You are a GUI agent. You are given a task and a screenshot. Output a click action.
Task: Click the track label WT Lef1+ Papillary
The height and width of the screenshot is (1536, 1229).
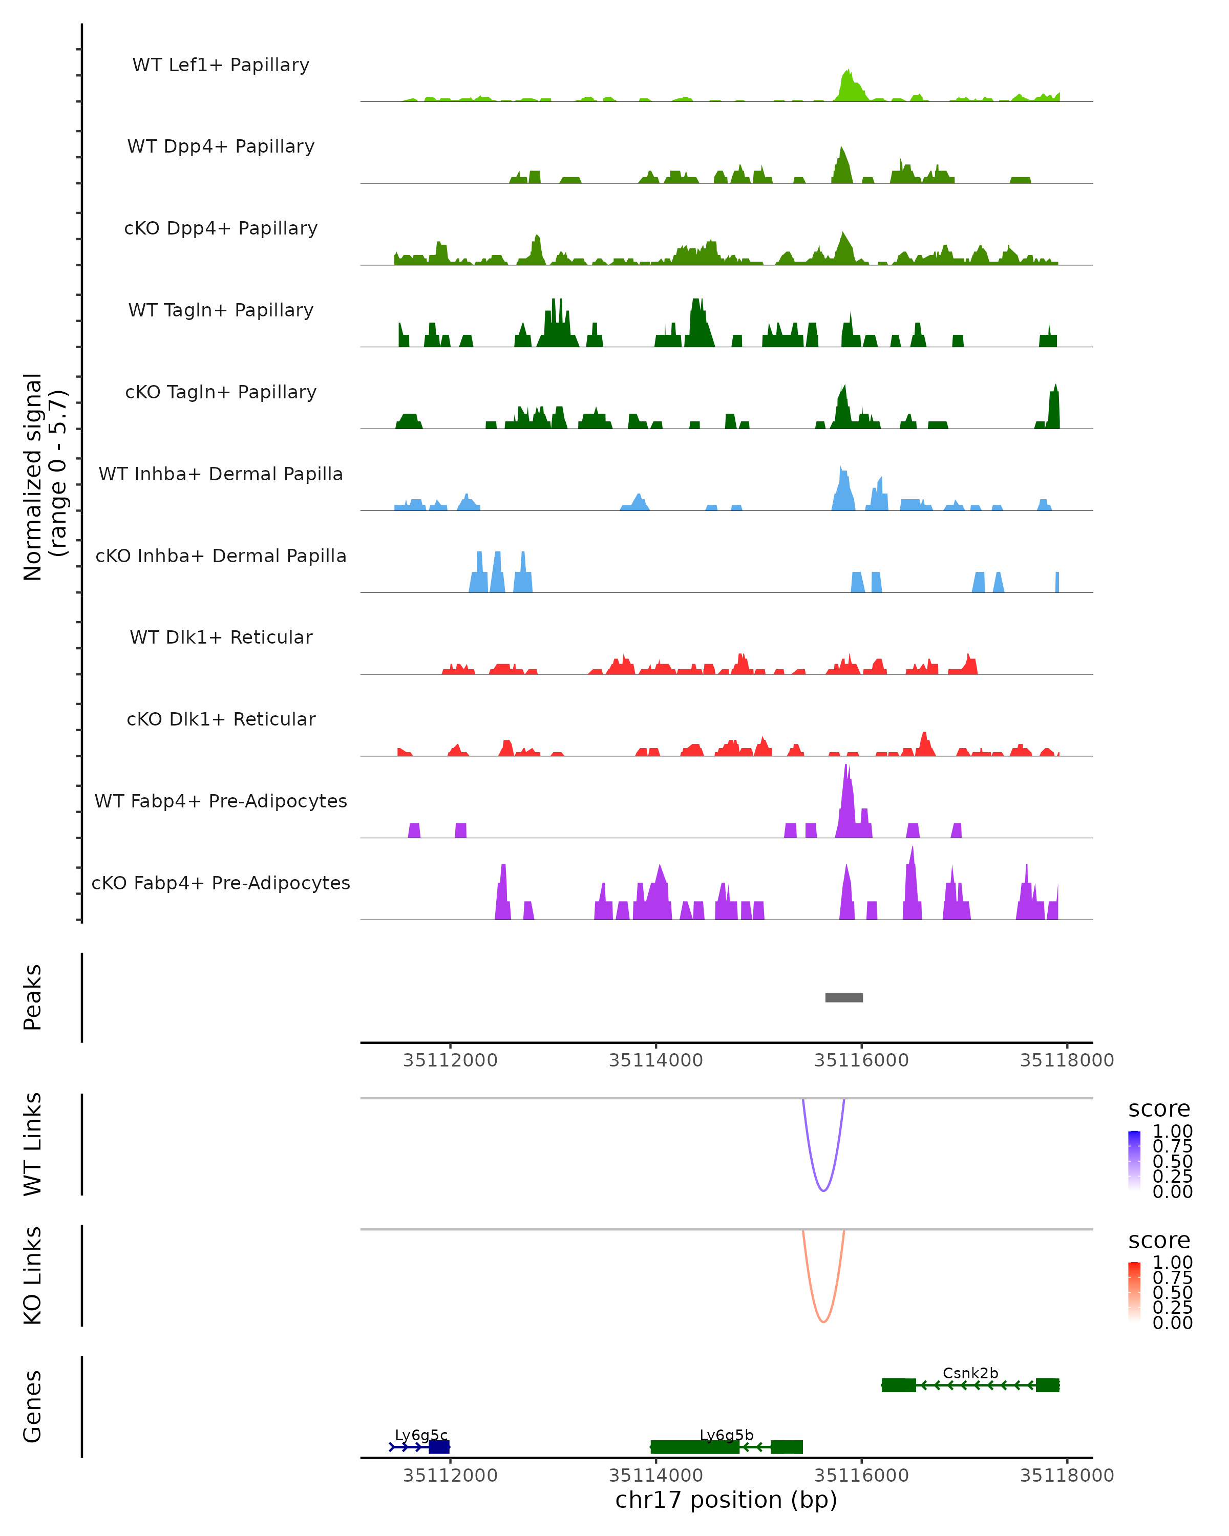click(221, 65)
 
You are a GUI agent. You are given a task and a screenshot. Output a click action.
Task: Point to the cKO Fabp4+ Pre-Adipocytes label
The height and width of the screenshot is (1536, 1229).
click(221, 883)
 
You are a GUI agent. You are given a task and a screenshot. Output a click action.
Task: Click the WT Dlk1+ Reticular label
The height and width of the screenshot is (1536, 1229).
click(221, 637)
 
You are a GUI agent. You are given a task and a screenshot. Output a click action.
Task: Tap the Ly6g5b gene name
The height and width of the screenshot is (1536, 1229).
click(726, 1435)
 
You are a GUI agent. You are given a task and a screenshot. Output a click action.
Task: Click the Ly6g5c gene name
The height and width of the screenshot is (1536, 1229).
click(421, 1435)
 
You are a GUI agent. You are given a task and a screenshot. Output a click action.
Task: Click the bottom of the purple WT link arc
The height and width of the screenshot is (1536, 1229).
click(823, 1190)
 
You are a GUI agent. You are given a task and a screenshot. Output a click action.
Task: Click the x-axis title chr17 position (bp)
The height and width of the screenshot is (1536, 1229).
click(726, 1500)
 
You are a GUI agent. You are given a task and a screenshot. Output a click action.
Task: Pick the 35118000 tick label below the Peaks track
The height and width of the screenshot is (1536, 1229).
click(1067, 1060)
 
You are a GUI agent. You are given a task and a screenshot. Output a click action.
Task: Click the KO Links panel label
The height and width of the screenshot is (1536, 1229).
click(33, 1275)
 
